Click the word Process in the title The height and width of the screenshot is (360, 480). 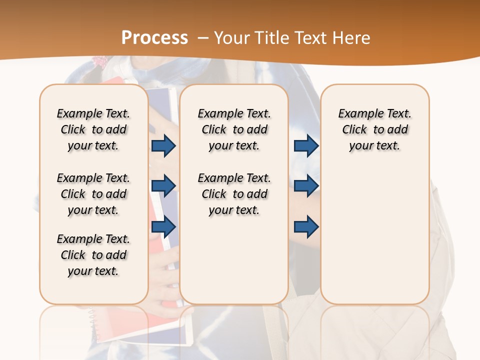tap(155, 38)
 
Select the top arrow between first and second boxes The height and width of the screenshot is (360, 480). tap(163, 145)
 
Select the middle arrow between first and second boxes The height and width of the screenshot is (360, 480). tap(163, 186)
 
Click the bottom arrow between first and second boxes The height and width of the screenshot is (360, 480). tap(163, 226)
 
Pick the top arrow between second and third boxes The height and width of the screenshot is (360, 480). tap(306, 145)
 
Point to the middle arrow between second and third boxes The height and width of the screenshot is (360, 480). tap(306, 186)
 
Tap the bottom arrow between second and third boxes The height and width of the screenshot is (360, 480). tap(306, 226)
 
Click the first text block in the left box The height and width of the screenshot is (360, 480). tap(93, 129)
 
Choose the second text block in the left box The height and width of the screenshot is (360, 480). tap(93, 194)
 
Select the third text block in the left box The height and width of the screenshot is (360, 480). tap(93, 255)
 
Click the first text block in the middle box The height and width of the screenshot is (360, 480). tap(234, 129)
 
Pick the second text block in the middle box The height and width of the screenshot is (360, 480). tap(234, 194)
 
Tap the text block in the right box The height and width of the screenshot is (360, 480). tap(374, 129)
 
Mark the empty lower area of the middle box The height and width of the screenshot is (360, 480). tap(234, 260)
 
